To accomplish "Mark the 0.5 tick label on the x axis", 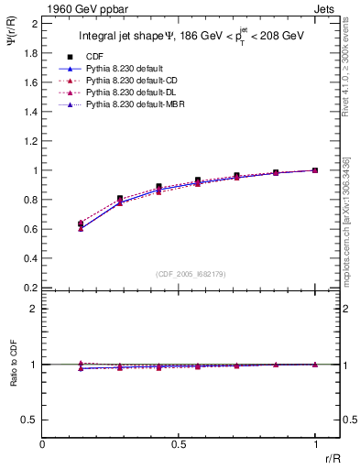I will (180, 443).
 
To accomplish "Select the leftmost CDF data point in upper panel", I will (81, 224).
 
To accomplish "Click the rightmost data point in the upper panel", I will (315, 170).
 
